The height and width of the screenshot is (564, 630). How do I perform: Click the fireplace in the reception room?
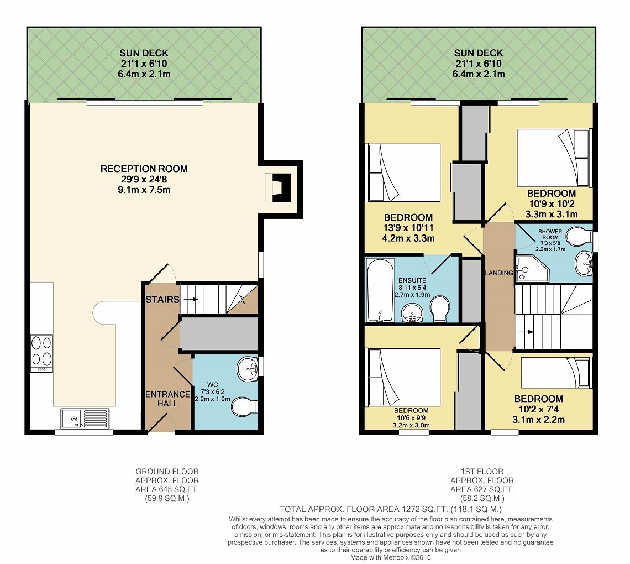click(x=278, y=188)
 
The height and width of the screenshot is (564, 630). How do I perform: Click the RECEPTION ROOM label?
click(x=144, y=169)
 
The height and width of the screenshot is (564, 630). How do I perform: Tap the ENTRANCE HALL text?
click(x=167, y=399)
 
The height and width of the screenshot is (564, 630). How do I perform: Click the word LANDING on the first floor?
click(x=499, y=273)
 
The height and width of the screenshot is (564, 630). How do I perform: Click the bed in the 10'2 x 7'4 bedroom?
click(x=556, y=373)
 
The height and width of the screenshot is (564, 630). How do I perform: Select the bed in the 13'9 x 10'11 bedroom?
click(x=405, y=173)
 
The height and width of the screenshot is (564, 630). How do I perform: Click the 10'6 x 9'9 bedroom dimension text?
click(x=411, y=418)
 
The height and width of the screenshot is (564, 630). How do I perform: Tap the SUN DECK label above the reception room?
click(x=144, y=53)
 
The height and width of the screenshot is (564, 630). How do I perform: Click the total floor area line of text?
click(x=391, y=509)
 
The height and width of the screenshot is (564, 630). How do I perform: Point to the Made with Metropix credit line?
click(x=391, y=557)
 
